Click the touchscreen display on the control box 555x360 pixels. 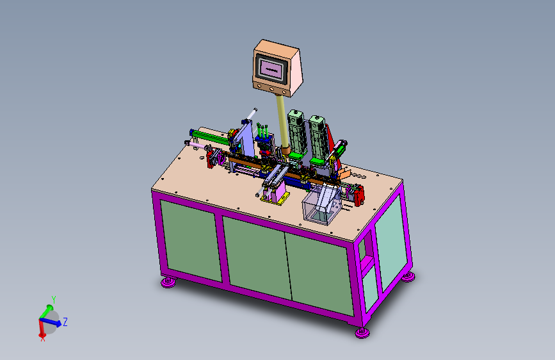271,69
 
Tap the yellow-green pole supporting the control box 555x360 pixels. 282,121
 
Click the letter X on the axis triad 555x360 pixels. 43,339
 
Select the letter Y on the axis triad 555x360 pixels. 54,299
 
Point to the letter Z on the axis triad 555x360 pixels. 65,322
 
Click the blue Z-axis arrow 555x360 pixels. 51,322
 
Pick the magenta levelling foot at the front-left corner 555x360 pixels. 168,282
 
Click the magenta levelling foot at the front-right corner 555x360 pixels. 362,332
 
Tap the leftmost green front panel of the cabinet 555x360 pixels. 191,241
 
